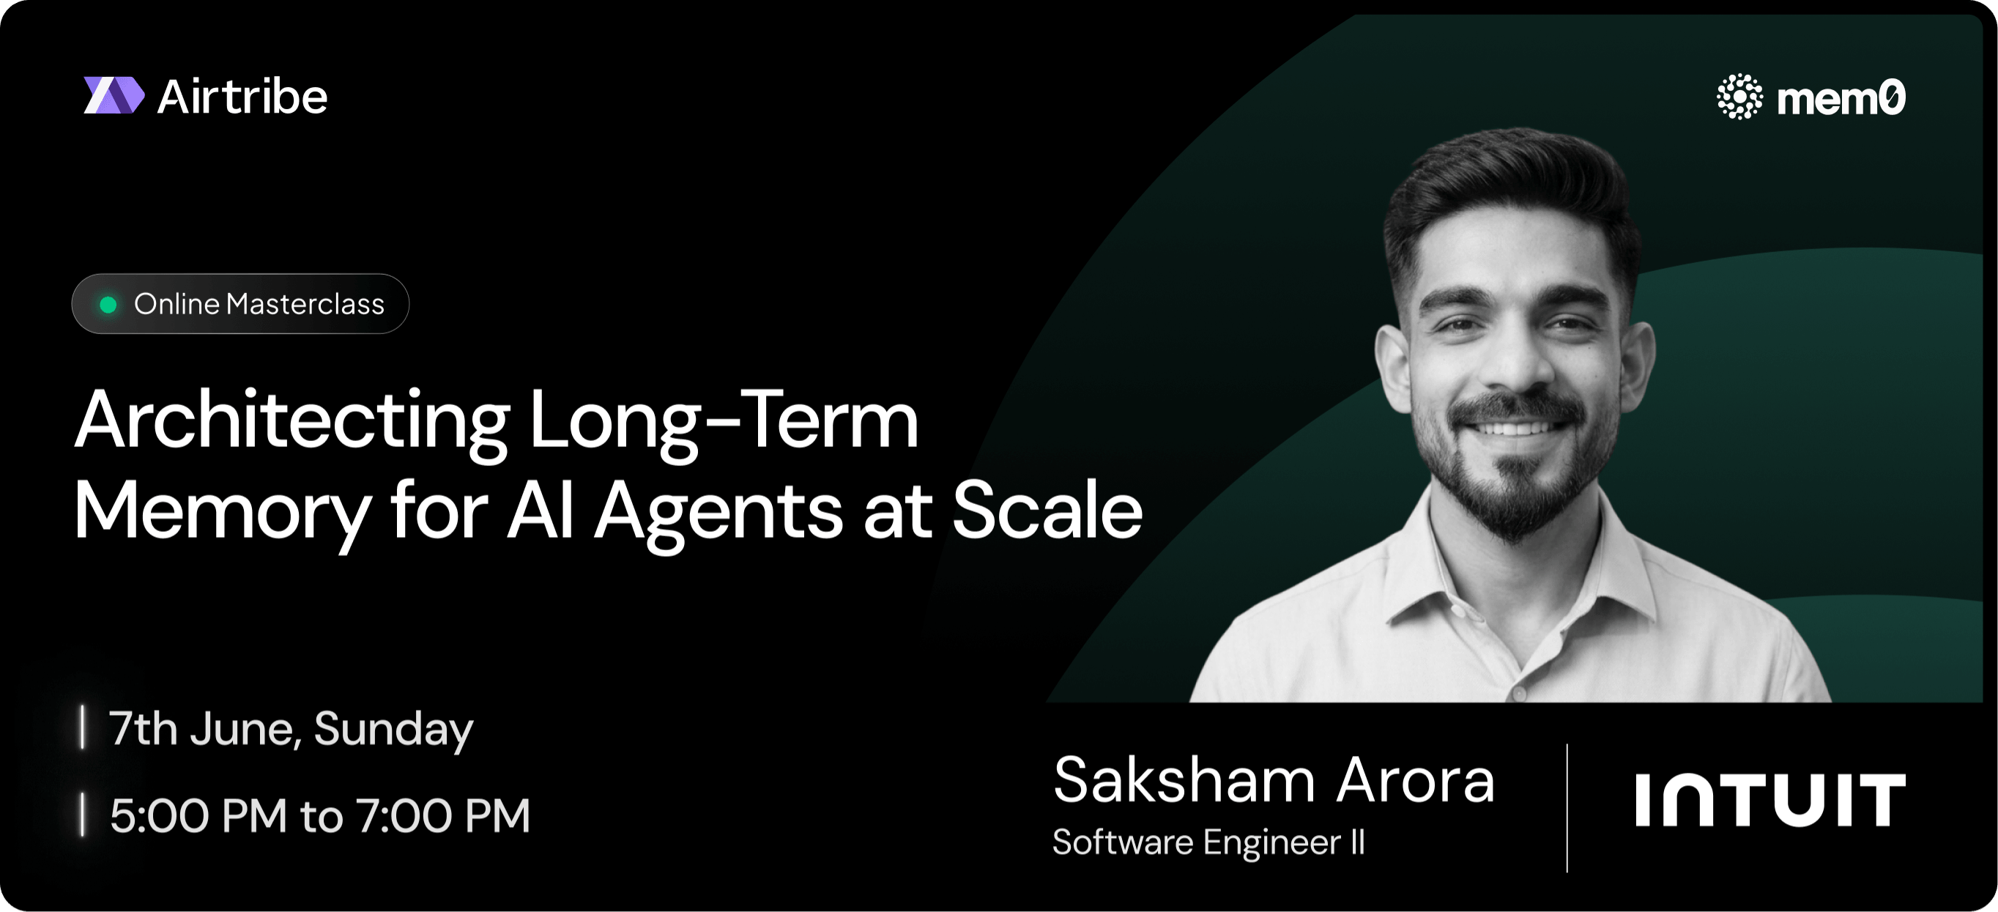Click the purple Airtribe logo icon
(114, 95)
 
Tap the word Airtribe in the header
(242, 97)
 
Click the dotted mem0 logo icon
(1739, 97)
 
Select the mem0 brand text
(1841, 98)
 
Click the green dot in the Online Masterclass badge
(108, 305)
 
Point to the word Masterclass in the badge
(305, 304)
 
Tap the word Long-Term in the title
(724, 421)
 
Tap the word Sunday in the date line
(393, 730)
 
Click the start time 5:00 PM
(198, 816)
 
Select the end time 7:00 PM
(444, 816)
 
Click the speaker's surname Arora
(1416, 780)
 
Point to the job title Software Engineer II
(1208, 843)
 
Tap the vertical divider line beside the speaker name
(1567, 808)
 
